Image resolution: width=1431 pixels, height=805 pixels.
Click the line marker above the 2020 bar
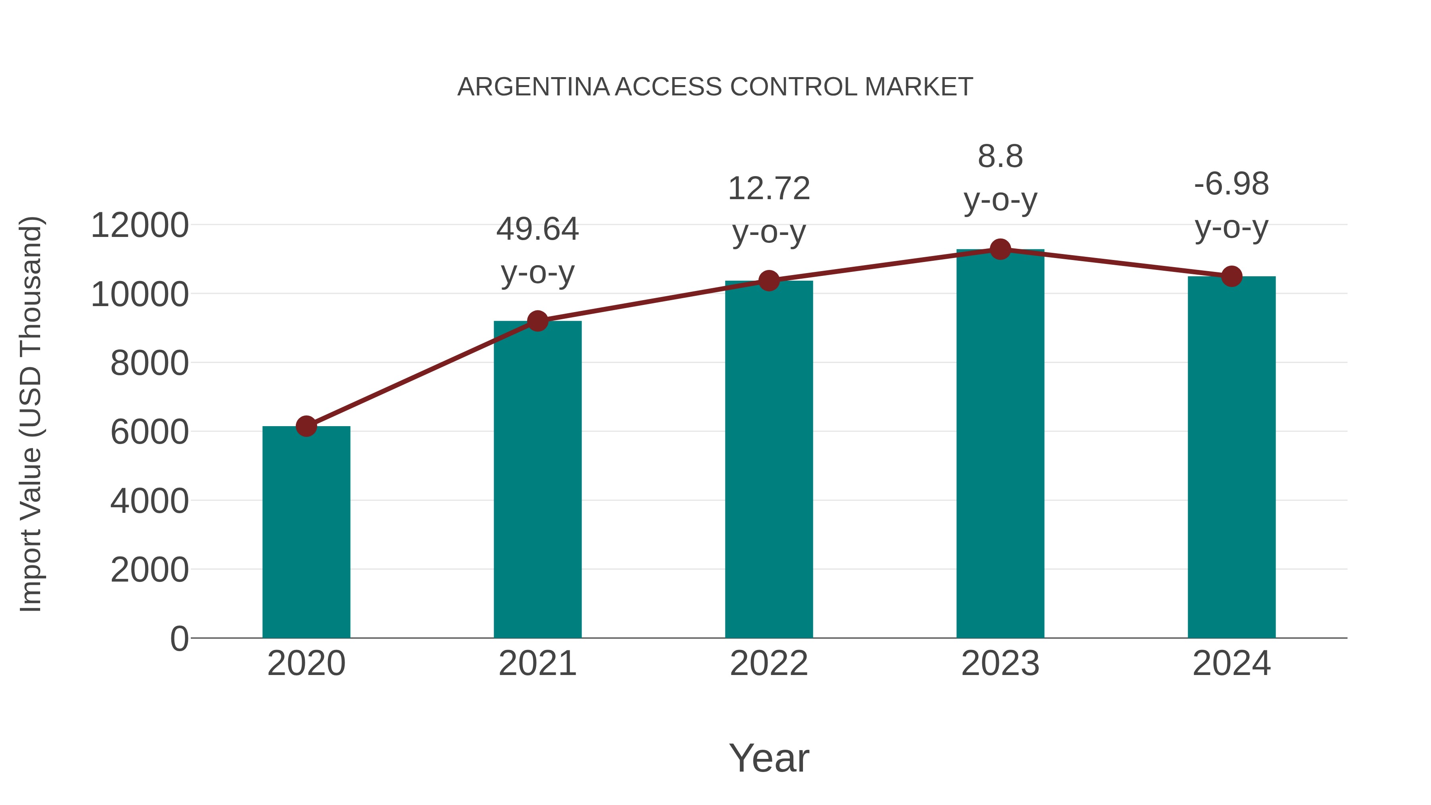306,426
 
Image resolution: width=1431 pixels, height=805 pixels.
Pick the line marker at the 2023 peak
1000,249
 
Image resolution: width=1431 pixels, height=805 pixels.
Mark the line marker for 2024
1231,276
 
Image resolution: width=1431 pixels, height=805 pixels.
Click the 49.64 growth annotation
537,229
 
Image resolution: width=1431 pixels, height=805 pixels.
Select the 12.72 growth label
769,188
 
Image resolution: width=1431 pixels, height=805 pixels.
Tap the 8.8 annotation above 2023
1000,157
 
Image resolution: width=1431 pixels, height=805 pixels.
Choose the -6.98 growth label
1231,184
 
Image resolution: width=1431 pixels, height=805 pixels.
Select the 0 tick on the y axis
179,639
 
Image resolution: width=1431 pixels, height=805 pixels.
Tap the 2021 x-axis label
537,663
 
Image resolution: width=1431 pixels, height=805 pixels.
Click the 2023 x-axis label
1000,663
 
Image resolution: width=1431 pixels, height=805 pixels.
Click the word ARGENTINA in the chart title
533,87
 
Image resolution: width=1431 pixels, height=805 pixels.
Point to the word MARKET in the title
918,87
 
